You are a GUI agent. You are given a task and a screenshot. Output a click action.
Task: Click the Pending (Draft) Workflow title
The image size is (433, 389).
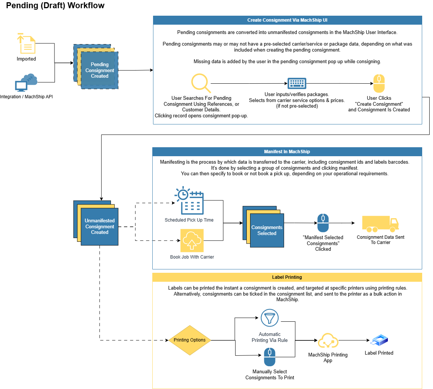(55, 6)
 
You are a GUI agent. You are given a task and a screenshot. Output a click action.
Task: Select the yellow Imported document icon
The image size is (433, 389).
(26, 43)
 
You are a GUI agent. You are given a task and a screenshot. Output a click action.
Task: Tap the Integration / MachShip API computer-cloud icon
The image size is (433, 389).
(26, 83)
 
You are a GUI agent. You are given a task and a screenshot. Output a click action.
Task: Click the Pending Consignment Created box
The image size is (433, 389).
(99, 70)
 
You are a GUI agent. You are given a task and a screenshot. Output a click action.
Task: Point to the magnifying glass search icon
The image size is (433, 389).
(201, 83)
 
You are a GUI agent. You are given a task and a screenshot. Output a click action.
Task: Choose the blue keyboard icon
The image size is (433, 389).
(297, 83)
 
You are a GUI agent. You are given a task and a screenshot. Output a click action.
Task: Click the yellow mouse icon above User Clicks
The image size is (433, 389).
(379, 83)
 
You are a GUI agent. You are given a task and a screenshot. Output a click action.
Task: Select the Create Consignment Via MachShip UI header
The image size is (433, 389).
(287, 20)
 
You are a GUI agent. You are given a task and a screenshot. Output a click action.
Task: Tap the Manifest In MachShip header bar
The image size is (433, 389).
(287, 152)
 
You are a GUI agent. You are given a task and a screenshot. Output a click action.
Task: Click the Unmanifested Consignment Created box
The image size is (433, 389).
(99, 226)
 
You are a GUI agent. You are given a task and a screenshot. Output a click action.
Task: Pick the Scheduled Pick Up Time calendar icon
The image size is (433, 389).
(190, 200)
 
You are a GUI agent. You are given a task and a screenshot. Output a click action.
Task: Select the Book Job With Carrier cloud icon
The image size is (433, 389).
(192, 241)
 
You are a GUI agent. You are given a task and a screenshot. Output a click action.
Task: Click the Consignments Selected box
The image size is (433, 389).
(267, 230)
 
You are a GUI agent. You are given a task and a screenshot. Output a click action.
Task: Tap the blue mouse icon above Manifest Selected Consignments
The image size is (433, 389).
(323, 223)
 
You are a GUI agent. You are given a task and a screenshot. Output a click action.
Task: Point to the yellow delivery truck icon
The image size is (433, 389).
(380, 224)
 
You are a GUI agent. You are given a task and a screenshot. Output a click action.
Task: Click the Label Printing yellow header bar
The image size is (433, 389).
(287, 277)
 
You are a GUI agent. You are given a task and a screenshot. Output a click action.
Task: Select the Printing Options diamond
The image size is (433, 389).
(190, 340)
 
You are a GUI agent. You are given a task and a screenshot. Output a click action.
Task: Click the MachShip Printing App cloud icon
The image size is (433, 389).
(328, 341)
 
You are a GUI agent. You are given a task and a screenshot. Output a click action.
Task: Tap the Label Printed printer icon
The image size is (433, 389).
(380, 340)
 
